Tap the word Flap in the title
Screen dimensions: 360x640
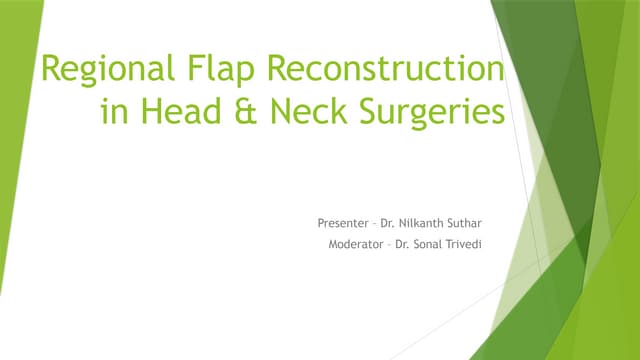pos(214,72)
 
